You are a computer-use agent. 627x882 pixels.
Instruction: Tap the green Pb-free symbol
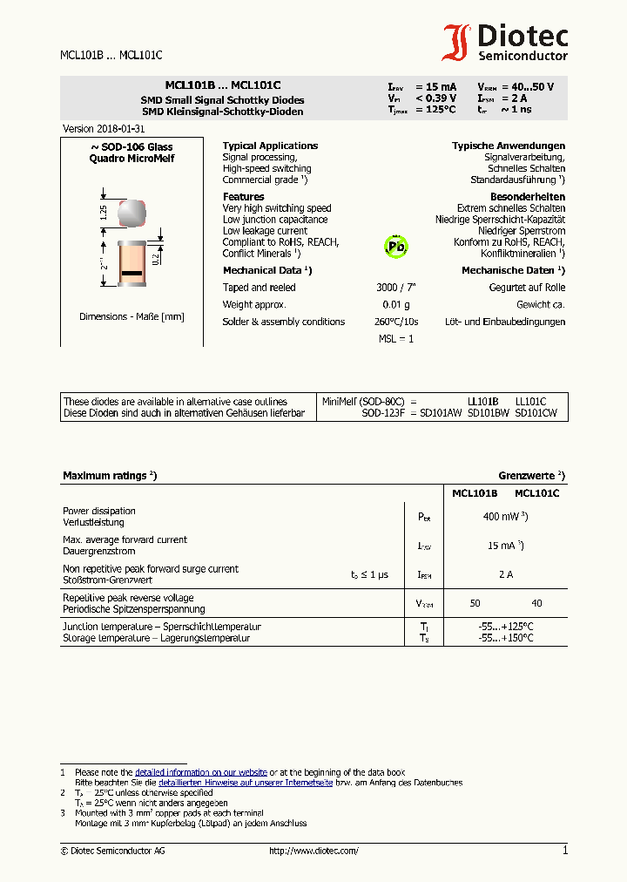click(396, 247)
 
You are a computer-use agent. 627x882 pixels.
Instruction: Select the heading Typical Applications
click(270, 146)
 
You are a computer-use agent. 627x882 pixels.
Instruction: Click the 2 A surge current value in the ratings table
click(505, 574)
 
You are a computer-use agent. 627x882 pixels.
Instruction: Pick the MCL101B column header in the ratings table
click(475, 493)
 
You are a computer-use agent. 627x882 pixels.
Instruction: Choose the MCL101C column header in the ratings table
click(536, 493)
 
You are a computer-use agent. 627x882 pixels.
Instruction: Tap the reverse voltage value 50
click(475, 603)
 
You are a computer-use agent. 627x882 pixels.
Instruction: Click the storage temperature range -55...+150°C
click(505, 638)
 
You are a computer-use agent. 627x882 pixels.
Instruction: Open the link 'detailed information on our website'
click(200, 772)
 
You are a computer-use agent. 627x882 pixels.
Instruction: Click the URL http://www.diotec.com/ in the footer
click(313, 851)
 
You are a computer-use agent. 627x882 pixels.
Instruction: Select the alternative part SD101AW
click(441, 413)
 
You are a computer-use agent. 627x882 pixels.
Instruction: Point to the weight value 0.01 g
click(395, 304)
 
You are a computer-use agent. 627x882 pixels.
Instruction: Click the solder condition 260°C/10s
click(396, 322)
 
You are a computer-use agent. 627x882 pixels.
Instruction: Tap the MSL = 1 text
click(396, 338)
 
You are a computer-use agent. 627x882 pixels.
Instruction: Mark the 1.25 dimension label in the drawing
click(104, 212)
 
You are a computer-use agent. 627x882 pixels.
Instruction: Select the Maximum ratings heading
click(109, 476)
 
